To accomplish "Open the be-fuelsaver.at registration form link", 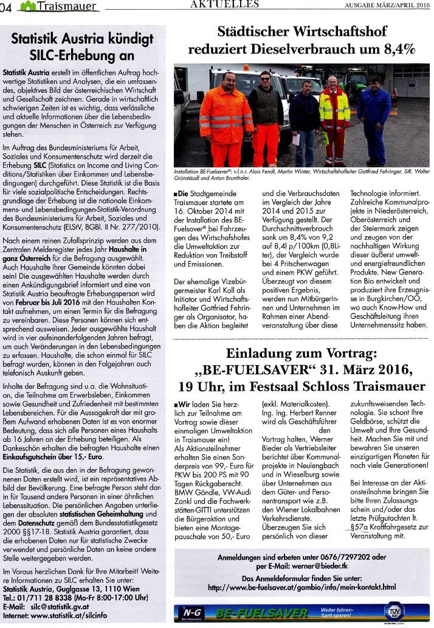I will coord(301,587).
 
